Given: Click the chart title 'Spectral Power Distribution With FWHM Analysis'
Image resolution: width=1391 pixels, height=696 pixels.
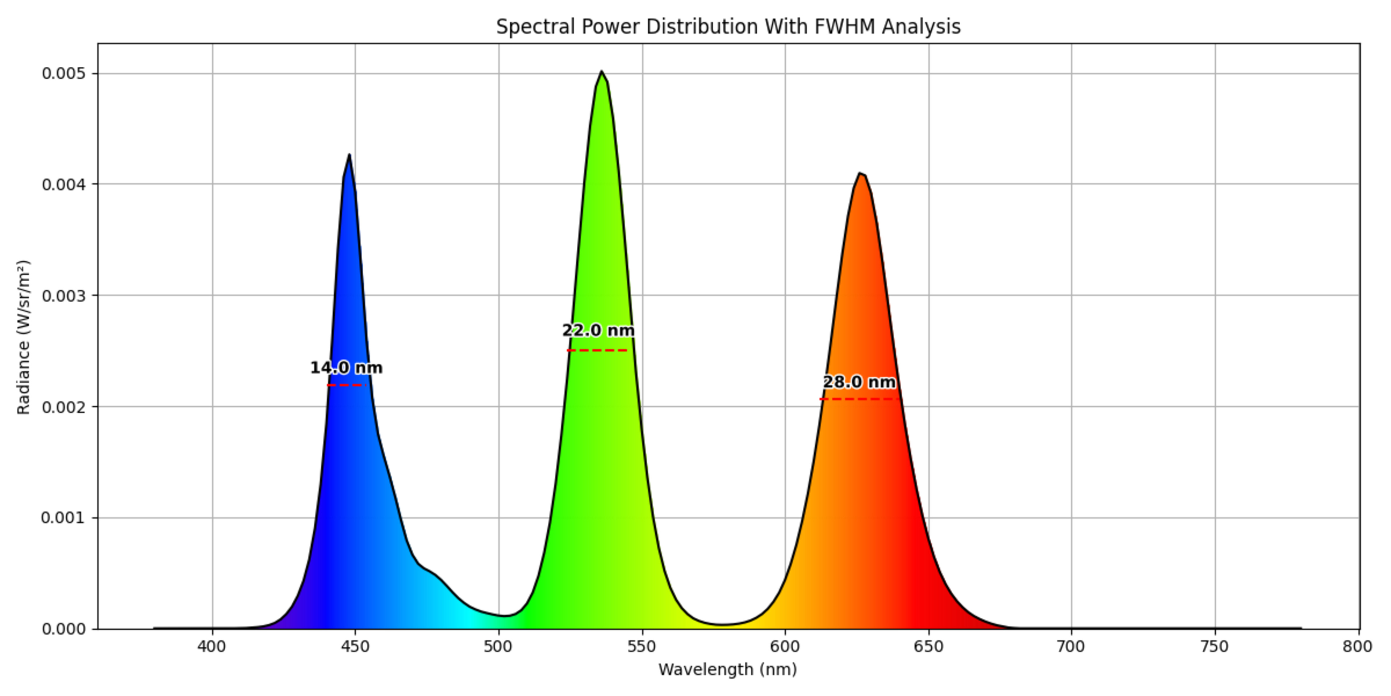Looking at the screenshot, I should [x=728, y=26].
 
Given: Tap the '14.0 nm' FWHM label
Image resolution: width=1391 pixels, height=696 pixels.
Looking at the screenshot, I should [x=346, y=368].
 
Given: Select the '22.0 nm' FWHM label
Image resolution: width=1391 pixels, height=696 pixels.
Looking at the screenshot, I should [x=598, y=330].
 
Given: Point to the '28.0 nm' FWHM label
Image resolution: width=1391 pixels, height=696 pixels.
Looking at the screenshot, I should [x=859, y=382].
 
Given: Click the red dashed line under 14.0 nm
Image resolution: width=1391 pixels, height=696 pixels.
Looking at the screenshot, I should [x=347, y=385].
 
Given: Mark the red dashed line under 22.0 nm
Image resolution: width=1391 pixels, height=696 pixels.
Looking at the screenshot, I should [x=597, y=351].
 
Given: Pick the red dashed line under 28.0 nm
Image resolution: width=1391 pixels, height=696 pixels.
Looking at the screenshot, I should [x=859, y=399].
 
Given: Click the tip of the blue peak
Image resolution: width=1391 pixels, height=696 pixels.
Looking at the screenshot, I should [x=349, y=155].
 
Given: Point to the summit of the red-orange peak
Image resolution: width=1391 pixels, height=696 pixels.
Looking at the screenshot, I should [x=860, y=174].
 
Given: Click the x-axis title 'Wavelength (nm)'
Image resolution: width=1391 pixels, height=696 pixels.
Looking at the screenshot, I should [x=727, y=670].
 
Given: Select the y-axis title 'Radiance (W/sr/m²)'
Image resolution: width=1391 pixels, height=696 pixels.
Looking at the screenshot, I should [x=23, y=337].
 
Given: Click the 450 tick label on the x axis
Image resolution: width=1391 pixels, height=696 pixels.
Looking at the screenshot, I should [x=355, y=647].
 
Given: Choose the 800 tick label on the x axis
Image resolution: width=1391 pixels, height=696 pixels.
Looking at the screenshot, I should [x=1358, y=647].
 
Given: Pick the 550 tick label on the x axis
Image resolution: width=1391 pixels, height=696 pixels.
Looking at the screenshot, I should [x=642, y=647].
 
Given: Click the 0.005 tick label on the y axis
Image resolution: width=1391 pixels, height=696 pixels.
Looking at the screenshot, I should [x=64, y=74].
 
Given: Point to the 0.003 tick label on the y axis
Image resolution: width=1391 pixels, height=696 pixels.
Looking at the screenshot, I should [x=64, y=295].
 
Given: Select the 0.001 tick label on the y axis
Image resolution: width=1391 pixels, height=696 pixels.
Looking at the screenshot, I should [x=64, y=518].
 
